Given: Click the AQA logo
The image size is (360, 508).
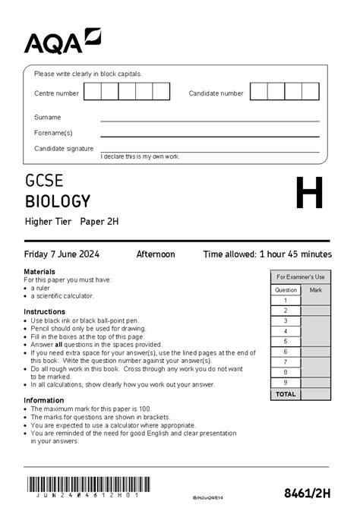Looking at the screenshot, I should [62, 42].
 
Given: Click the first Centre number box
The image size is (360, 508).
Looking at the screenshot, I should [93, 93].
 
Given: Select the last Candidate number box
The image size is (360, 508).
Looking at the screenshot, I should [310, 93].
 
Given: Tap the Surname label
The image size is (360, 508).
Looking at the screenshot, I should [47, 118].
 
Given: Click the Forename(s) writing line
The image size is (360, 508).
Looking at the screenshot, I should [210, 135].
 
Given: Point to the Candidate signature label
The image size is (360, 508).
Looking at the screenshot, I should [64, 149].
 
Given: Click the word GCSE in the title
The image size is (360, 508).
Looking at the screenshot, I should [44, 182].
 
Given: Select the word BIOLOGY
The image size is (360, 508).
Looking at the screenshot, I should [58, 202].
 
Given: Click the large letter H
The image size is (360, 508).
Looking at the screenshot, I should [309, 194].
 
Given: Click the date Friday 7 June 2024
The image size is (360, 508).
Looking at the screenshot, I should [62, 254].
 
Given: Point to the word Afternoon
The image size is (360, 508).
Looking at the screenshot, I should [155, 254].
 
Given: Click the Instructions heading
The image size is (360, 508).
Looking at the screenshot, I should [44, 312].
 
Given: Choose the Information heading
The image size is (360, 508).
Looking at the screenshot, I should [43, 400].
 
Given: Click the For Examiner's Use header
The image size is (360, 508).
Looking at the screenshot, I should [300, 277].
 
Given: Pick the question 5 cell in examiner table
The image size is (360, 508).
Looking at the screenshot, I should [286, 342].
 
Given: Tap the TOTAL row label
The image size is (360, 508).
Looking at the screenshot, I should [286, 394].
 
